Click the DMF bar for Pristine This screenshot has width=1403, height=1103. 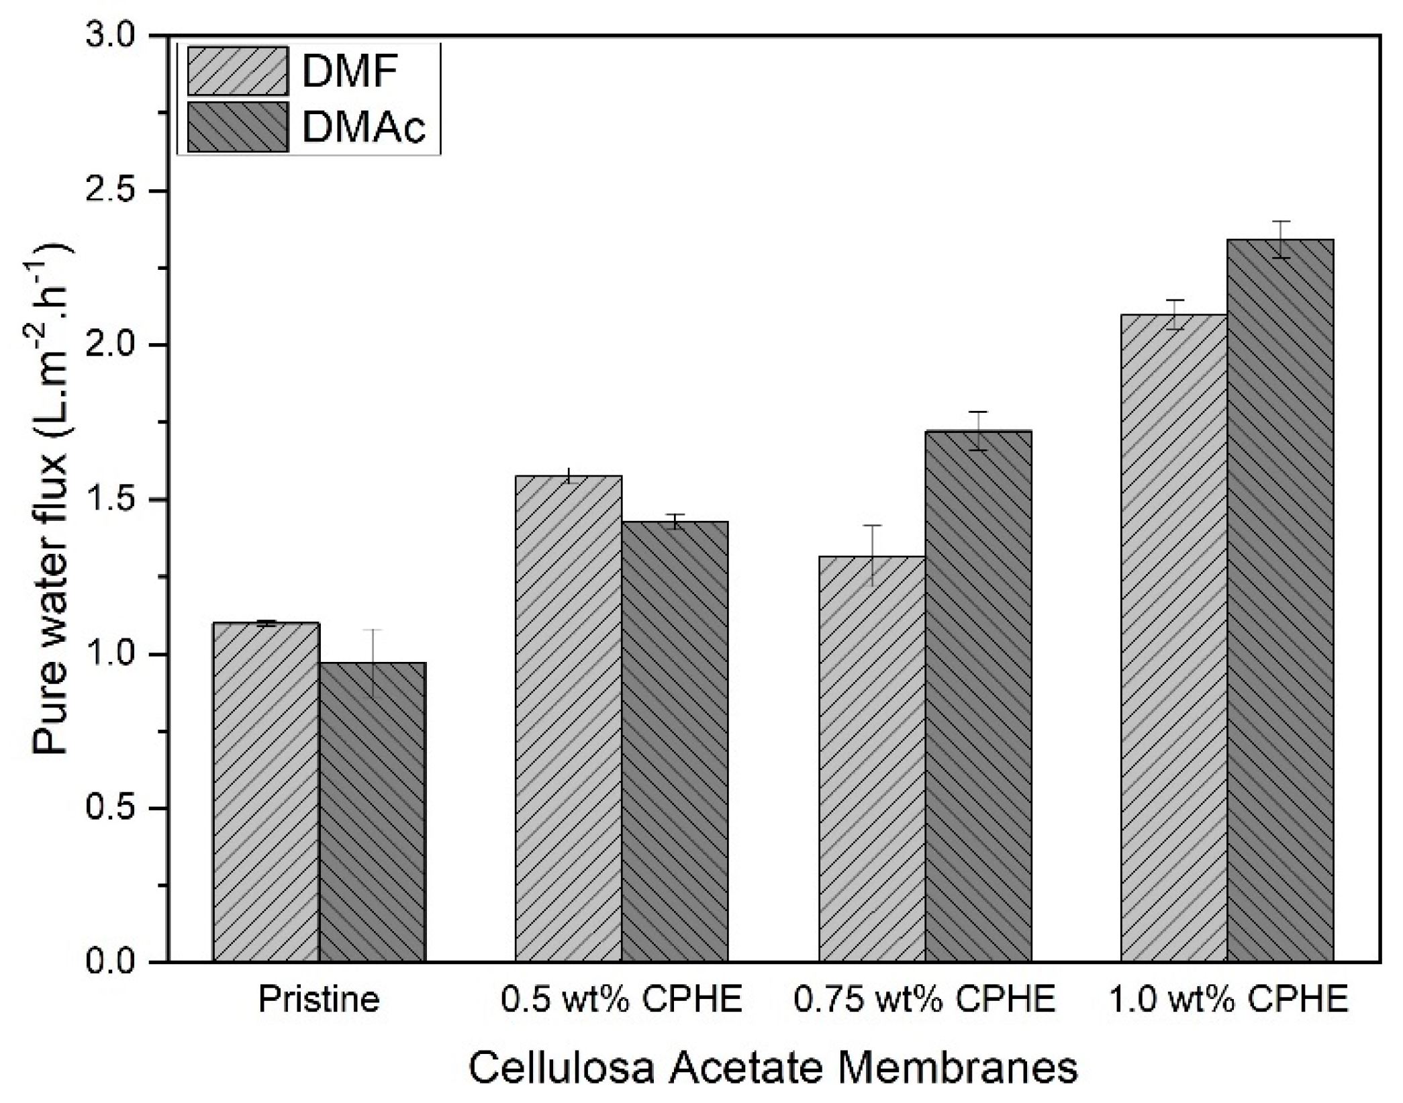tap(267, 792)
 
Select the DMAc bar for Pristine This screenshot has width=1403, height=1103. tap(373, 812)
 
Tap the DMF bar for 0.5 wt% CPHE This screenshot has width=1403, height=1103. tap(569, 718)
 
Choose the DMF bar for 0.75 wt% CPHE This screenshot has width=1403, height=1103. tap(872, 759)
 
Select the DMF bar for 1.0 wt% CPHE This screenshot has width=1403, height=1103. tap(1174, 638)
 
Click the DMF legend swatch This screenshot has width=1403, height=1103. tap(238, 70)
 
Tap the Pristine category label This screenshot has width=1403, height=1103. tap(319, 999)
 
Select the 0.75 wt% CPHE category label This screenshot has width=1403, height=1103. tap(924, 999)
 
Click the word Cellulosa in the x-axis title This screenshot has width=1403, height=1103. tap(561, 1067)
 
